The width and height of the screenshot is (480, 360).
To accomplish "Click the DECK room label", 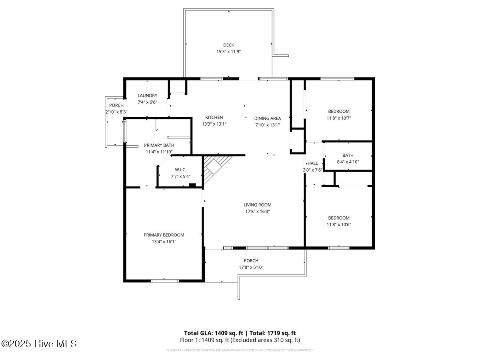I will point(228,45).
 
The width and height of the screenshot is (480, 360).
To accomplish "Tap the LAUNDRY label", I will point(147,96).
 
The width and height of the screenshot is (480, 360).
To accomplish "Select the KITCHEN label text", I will point(214,117).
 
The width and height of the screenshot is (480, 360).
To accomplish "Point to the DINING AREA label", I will point(268,118).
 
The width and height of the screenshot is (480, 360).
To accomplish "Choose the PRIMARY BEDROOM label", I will point(164,235).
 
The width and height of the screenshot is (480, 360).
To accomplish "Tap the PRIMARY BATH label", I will point(159,145).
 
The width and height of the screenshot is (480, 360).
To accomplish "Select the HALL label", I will point(313,163).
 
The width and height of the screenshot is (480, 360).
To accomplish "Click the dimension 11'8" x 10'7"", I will point(339,118).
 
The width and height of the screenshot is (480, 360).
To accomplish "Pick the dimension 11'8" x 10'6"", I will point(339,224).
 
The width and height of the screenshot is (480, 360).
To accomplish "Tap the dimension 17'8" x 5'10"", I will point(251,267).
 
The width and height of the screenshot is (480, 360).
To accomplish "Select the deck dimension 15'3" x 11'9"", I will point(228,52).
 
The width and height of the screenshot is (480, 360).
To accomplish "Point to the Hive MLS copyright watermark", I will point(39,343).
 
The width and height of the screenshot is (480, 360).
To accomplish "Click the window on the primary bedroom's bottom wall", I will point(165,281).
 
